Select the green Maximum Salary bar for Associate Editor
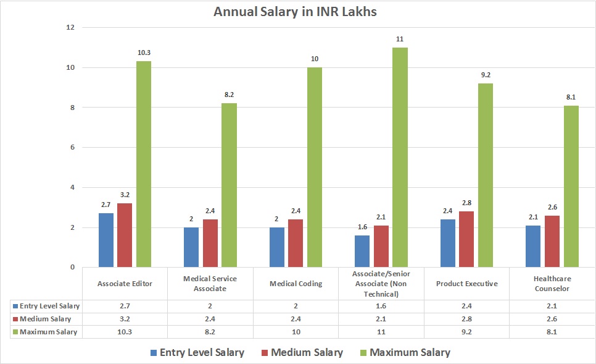(144, 164)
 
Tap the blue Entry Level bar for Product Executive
(447, 243)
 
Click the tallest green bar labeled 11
(400, 158)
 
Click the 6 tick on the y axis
(72, 148)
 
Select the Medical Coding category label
(296, 284)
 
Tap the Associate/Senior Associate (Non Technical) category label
(381, 284)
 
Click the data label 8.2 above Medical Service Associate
(229, 95)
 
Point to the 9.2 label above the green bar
(486, 75)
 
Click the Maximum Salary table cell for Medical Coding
(296, 332)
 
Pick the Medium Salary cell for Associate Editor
(125, 319)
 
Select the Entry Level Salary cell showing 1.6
(381, 306)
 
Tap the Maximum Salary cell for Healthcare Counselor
(552, 332)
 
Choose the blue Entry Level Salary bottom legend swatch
(153, 353)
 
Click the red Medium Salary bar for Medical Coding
(296, 243)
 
